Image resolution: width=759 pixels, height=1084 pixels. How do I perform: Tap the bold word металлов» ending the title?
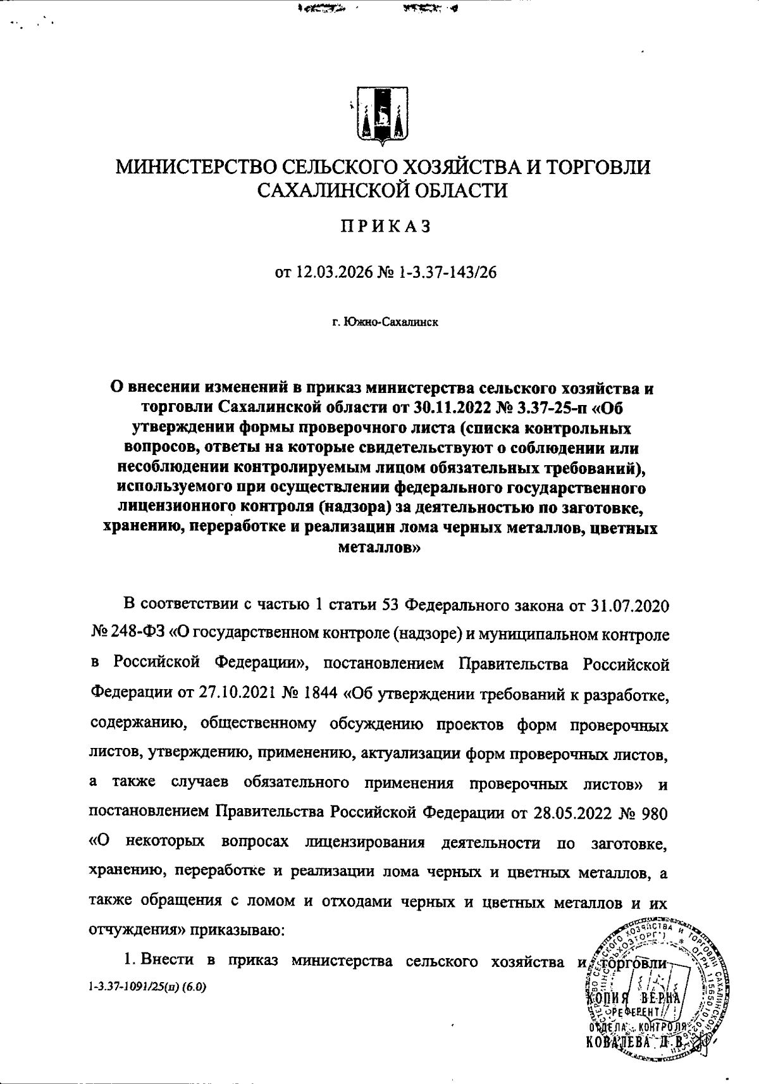click(x=380, y=549)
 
